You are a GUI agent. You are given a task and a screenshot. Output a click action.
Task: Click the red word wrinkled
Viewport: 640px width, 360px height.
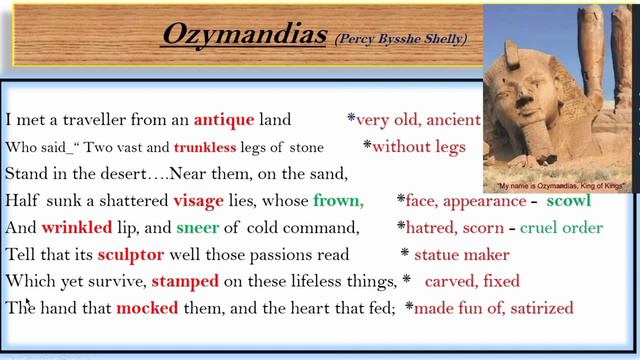pos(76,227)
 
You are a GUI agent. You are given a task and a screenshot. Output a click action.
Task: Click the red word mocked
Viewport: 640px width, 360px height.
pos(146,308)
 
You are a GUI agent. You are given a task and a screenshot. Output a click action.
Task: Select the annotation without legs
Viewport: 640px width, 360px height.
pos(420,147)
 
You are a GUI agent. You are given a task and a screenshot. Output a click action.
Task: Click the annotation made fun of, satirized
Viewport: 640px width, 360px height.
pos(494,308)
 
